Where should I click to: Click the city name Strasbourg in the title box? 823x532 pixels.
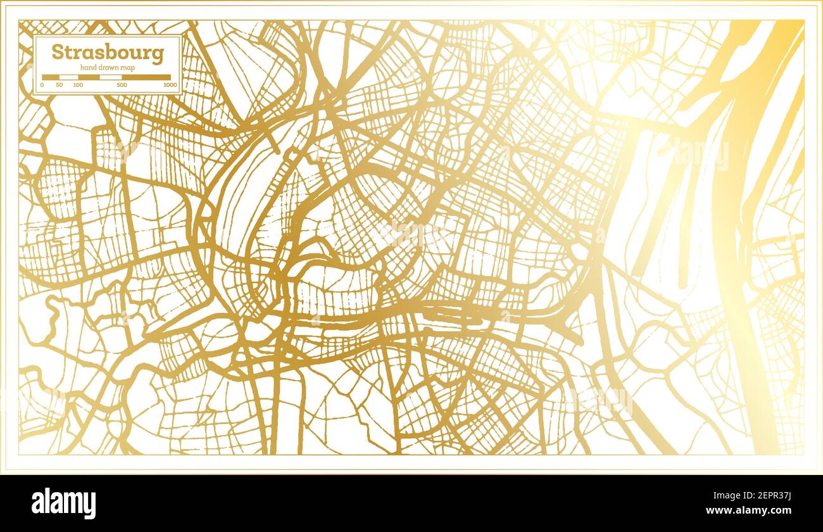coord(107,52)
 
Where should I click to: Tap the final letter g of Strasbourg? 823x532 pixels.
coord(158,54)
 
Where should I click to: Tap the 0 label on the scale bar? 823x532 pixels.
coord(42,84)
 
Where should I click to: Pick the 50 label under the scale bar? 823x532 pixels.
coord(60,84)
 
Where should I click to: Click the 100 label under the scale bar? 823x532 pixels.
coord(78,84)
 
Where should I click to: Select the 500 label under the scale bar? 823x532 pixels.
coord(122,84)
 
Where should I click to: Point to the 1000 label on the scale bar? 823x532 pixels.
coord(170,84)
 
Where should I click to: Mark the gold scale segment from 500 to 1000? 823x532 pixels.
coord(146,77)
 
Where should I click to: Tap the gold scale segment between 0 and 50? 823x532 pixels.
coord(51,77)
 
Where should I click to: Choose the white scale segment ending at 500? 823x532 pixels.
coord(110,77)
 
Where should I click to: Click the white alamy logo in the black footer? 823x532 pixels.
coord(64,503)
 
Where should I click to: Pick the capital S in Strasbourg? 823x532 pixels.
coord(57,52)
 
